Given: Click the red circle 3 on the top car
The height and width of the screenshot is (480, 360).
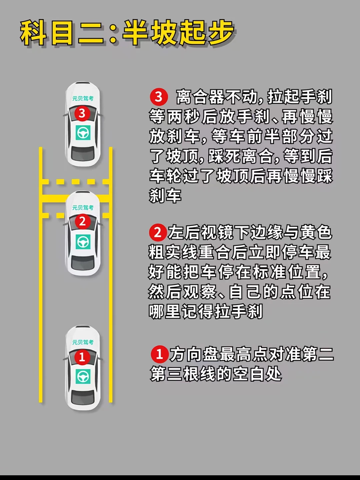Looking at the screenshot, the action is pyautogui.click(x=82, y=113).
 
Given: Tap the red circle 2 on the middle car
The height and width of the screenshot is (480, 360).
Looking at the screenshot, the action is pyautogui.click(x=82, y=222).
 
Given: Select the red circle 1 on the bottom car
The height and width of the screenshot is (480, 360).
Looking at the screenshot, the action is pyautogui.click(x=82, y=357).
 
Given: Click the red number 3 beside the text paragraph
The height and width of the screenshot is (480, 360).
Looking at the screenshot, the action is pyautogui.click(x=159, y=97).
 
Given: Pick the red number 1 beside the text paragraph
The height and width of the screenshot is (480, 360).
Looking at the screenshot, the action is pyautogui.click(x=159, y=354).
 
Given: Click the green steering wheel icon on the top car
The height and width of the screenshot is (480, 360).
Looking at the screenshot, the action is pyautogui.click(x=83, y=133).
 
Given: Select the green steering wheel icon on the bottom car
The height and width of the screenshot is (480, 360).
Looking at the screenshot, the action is pyautogui.click(x=83, y=377).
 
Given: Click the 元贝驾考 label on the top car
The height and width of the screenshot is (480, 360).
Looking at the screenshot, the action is pyautogui.click(x=83, y=98).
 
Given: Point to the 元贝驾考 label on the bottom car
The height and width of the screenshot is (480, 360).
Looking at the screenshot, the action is pyautogui.click(x=83, y=342).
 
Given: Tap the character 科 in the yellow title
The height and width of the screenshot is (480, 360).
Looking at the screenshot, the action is pyautogui.click(x=33, y=33).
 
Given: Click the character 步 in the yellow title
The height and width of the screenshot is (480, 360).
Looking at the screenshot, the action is pyautogui.click(x=221, y=33).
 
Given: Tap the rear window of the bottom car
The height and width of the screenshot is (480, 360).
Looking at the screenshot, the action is pyautogui.click(x=83, y=397).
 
